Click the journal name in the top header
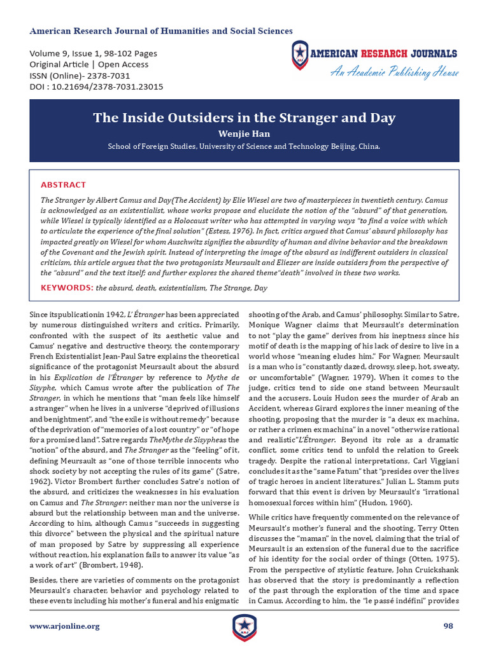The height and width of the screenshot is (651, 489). tap(161, 31)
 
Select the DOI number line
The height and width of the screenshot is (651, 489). tap(96, 87)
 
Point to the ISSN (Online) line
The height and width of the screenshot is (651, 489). tap(80, 76)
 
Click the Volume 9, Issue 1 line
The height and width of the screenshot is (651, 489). tap(93, 53)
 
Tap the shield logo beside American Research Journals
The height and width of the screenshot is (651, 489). tap(299, 55)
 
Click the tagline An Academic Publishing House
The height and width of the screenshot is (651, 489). tap(394, 72)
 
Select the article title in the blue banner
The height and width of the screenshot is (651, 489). tap(244, 118)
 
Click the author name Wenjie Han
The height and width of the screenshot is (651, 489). tap(244, 134)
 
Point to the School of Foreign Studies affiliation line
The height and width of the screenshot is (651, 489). tap(244, 146)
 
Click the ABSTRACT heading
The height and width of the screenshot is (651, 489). tap(63, 184)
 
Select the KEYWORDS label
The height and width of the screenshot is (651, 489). tap(67, 288)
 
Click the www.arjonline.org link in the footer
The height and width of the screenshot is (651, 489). tap(64, 626)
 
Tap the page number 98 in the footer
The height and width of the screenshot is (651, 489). tap(448, 626)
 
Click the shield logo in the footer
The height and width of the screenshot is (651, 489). tap(244, 627)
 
